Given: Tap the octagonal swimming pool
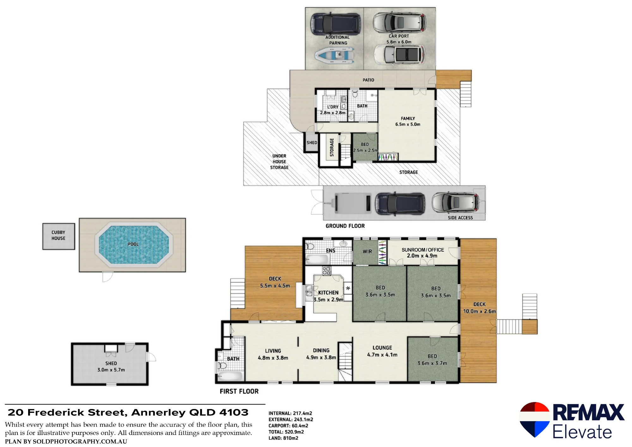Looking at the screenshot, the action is click(x=134, y=244).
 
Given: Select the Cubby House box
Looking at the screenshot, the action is click(x=59, y=236).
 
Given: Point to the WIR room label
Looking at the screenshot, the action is click(x=367, y=252).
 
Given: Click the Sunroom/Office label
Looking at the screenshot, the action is click(x=423, y=250).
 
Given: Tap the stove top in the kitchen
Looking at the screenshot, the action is click(x=327, y=271).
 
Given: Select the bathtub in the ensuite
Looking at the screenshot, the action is click(x=317, y=260).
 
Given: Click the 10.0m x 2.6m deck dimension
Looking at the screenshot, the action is click(x=479, y=311).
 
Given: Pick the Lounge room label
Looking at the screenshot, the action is click(x=382, y=348).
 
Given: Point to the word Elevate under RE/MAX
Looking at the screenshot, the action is click(x=582, y=432).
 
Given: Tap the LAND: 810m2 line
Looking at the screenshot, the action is click(x=283, y=438).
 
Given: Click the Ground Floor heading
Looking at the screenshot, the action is click(x=345, y=226).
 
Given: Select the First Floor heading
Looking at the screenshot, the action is click(x=239, y=391).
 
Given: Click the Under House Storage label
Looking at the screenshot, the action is click(x=279, y=162).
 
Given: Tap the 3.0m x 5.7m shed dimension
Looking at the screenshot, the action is click(x=111, y=370).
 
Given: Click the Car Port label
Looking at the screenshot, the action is click(x=399, y=36).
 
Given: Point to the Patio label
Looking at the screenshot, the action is click(x=368, y=80).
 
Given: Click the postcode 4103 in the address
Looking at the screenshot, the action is click(x=234, y=413).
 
